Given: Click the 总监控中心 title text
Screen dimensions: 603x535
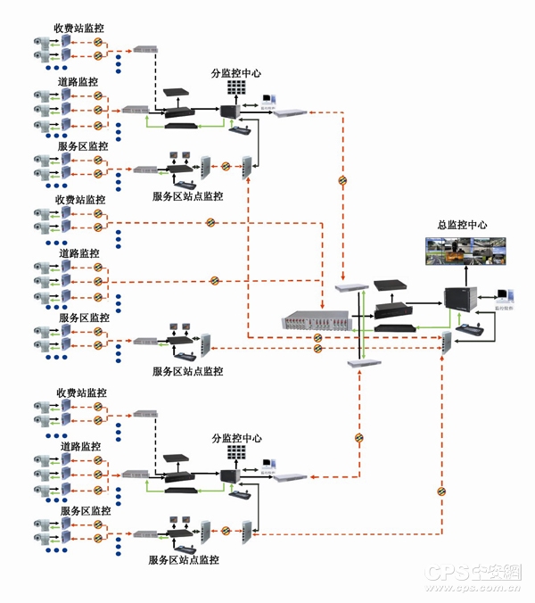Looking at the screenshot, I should pyautogui.click(x=463, y=226).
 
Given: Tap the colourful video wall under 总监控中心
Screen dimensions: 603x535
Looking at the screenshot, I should pyautogui.click(x=465, y=252).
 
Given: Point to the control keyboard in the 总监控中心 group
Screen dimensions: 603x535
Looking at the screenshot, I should pyautogui.click(x=466, y=330).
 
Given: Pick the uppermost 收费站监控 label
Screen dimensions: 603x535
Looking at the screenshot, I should pyautogui.click(x=80, y=28).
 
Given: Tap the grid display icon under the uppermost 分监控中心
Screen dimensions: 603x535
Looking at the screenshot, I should pyautogui.click(x=236, y=89).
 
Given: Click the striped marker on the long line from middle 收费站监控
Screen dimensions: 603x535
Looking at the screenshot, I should pyautogui.click(x=210, y=222).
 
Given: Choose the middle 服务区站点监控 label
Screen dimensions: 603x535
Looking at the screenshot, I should pyautogui.click(x=187, y=371).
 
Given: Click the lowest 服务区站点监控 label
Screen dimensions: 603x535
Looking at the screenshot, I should pyautogui.click(x=185, y=560).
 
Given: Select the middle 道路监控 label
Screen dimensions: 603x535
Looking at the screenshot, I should pyautogui.click(x=79, y=253).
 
